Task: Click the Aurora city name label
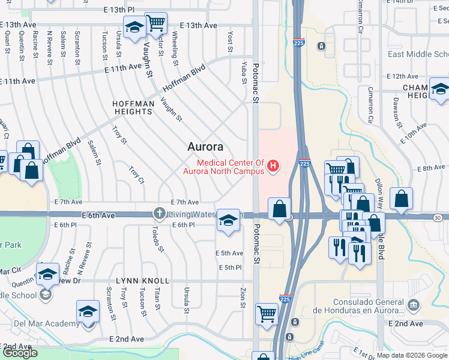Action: tap(205, 146)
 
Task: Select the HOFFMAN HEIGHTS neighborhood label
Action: tap(133, 107)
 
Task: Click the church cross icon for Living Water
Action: tap(160, 213)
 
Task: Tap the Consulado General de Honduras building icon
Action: tap(412, 305)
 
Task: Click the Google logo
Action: tap(20, 353)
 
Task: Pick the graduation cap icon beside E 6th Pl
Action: tap(228, 220)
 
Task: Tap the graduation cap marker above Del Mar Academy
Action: tap(88, 311)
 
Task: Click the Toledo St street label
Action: tap(155, 238)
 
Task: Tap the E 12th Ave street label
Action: tap(402, 76)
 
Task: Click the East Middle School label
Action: tap(418, 55)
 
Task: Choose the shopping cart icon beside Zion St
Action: tap(267, 313)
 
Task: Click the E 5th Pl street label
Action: tap(230, 267)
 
